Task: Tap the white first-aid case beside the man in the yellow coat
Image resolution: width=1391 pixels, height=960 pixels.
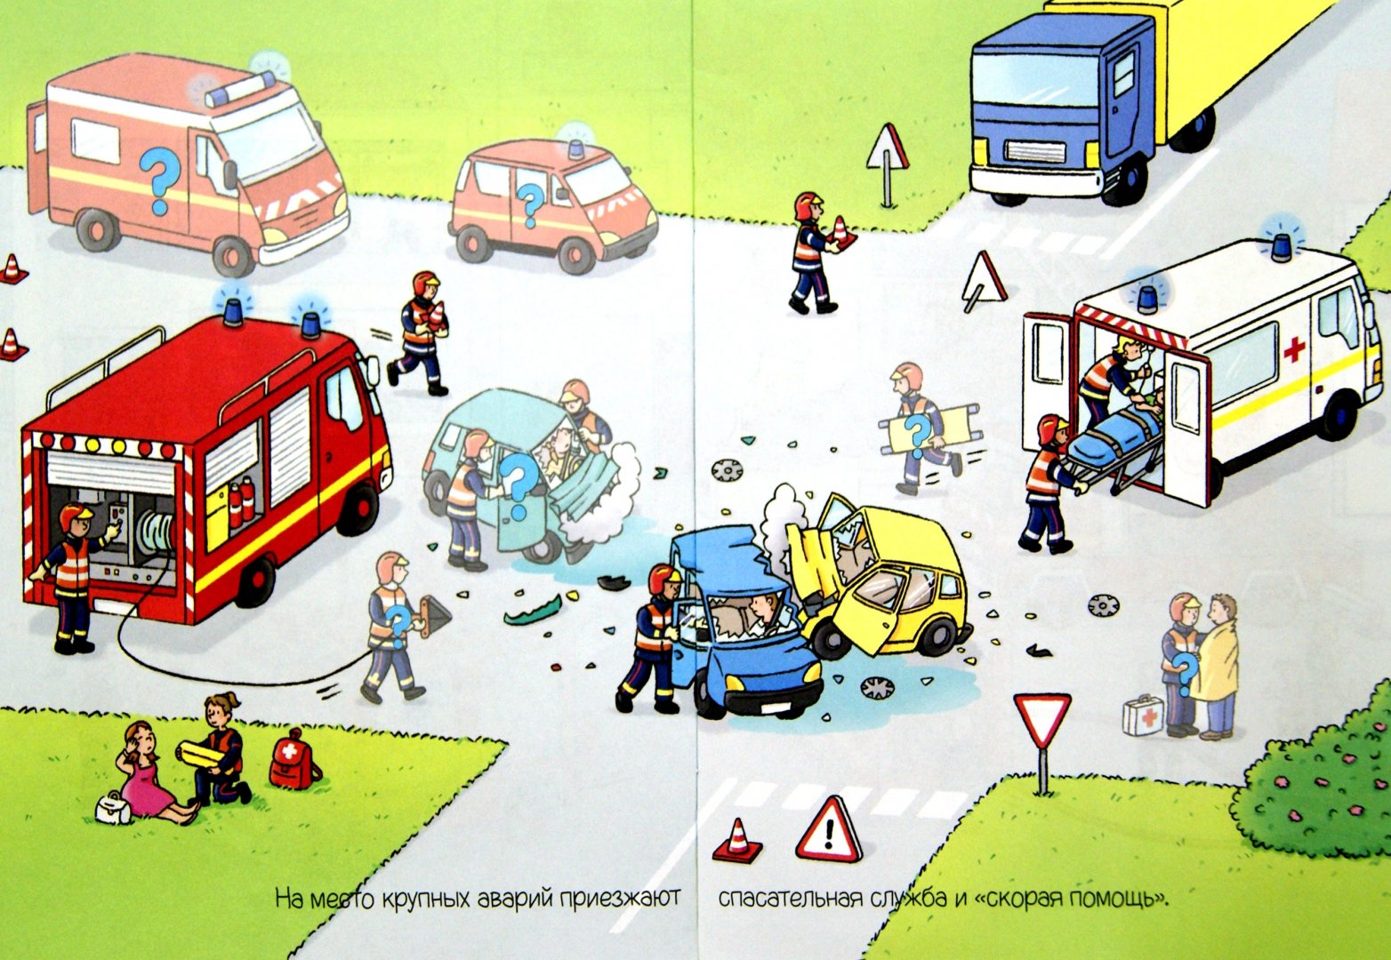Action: (x=1143, y=716)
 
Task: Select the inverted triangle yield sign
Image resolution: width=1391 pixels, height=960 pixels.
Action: (x=1042, y=721)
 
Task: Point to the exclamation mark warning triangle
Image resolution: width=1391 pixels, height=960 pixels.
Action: (x=829, y=830)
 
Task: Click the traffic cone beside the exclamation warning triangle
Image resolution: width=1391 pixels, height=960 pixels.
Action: (x=737, y=840)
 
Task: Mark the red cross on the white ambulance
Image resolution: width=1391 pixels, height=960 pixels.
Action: (x=1294, y=349)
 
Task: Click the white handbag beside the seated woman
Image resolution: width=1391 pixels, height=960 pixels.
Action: (x=113, y=808)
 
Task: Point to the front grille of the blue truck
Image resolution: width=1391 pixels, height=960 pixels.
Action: (x=1035, y=152)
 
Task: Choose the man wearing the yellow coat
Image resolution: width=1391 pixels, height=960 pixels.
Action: (x=1215, y=667)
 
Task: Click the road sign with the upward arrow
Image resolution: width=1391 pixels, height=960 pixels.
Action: (x=888, y=155)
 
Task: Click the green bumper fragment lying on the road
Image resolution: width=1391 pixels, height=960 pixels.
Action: (x=533, y=612)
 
